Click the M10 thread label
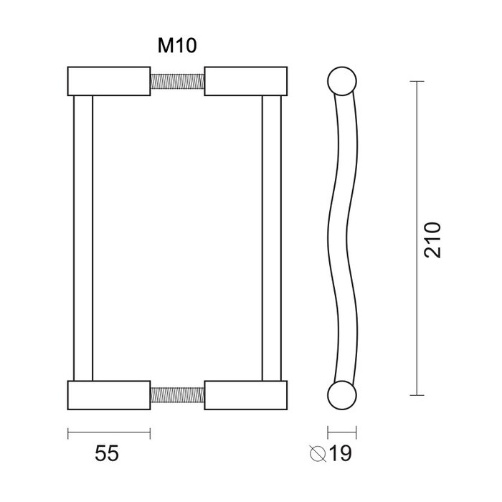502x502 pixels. tap(177, 47)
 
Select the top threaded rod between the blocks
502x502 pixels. tap(177, 80)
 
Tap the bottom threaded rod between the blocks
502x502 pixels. tap(177, 394)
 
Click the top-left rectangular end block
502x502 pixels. tap(109, 80)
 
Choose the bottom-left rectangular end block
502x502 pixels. tap(109, 394)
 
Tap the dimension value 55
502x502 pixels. tap(107, 454)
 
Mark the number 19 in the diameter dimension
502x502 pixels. tap(347, 454)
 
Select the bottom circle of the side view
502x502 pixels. tap(342, 394)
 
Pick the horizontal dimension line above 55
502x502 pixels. tap(109, 432)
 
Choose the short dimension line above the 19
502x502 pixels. tap(342, 432)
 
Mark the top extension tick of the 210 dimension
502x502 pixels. tap(415, 81)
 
